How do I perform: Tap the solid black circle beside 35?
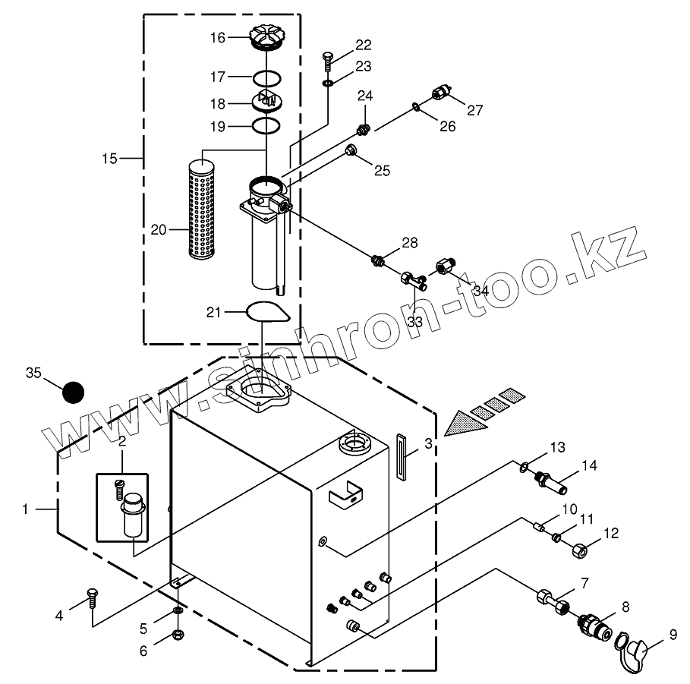(73, 392)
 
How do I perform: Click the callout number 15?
(109, 158)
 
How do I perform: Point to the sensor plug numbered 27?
(440, 93)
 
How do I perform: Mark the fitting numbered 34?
(446, 266)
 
